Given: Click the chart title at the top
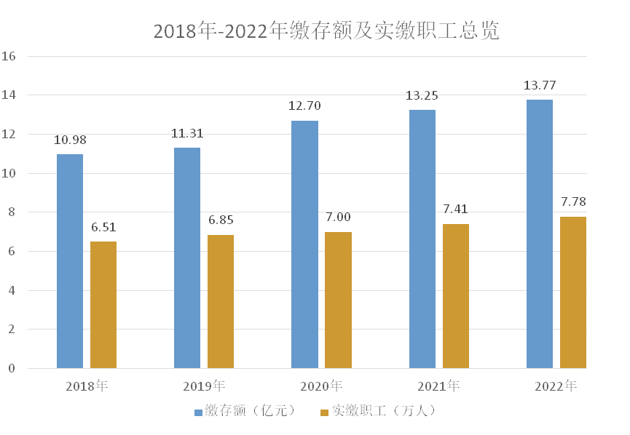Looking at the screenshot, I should click(326, 31).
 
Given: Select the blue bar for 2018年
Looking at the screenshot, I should click(70, 261).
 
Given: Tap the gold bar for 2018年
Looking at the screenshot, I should click(103, 305).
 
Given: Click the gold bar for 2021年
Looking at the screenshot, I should click(456, 296).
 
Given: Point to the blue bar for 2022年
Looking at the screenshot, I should click(540, 234).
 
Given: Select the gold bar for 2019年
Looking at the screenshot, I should click(221, 301).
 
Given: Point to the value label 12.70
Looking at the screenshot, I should click(304, 106).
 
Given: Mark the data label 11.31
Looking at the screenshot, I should click(187, 133).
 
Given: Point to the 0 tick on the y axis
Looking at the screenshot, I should click(12, 369).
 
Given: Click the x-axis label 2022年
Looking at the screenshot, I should click(556, 386).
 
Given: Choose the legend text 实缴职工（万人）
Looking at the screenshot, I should click(384, 411).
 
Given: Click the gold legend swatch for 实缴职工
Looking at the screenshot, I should click(324, 412).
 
